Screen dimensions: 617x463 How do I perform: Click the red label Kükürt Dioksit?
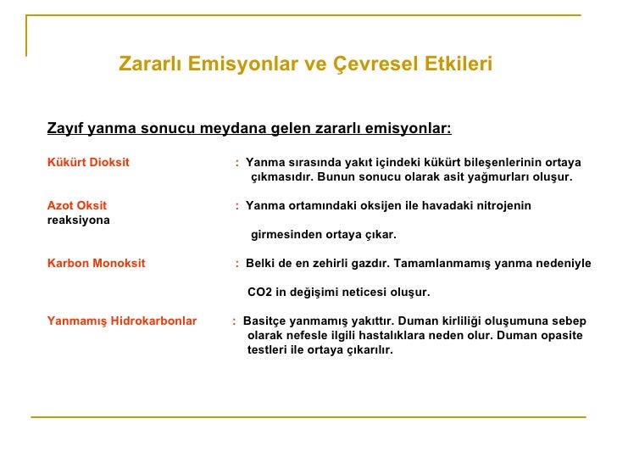click(x=88, y=162)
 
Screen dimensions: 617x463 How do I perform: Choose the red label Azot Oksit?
click(x=77, y=205)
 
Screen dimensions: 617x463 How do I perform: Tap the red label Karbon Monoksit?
click(x=96, y=263)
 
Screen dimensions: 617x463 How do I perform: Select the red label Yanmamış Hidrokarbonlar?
click(x=121, y=321)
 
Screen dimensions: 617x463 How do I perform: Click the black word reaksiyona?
click(x=78, y=220)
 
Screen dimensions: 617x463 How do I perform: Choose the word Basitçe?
click(x=264, y=321)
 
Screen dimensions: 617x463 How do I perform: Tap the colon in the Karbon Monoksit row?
click(x=237, y=264)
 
